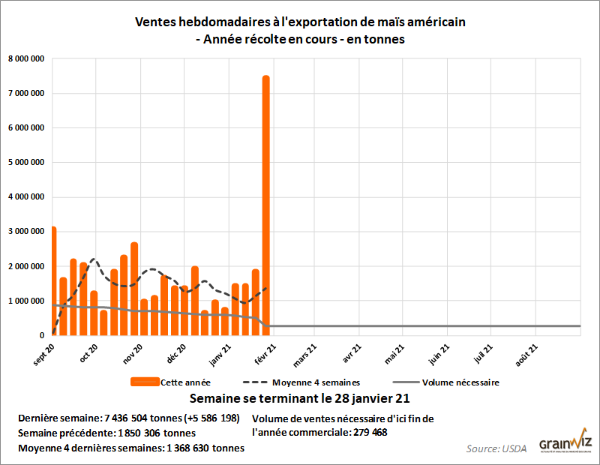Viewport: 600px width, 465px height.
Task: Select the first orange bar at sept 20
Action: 53,280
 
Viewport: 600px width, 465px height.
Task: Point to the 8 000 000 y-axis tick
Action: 25,58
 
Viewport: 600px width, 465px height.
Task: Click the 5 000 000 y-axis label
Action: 25,162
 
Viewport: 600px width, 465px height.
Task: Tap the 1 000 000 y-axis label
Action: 25,301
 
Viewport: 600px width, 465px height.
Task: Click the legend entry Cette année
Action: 184,382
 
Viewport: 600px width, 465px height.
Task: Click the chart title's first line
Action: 300,22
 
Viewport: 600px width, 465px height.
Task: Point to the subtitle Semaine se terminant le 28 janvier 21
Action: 300,397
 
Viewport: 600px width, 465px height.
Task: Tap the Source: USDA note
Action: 497,448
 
